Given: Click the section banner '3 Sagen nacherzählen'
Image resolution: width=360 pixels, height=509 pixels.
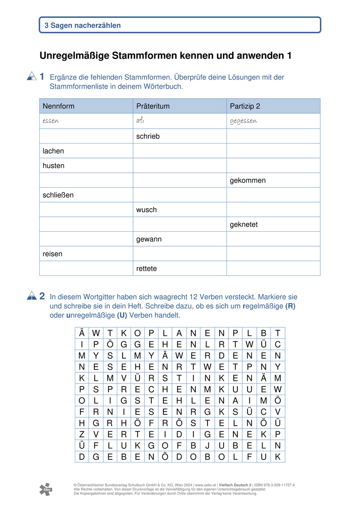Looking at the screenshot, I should click(x=83, y=25).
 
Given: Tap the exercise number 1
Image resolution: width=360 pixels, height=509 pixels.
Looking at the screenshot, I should click(x=42, y=76).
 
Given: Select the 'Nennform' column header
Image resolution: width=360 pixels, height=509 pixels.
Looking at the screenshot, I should click(x=59, y=106).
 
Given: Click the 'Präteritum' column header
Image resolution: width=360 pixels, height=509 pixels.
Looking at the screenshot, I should click(x=153, y=106).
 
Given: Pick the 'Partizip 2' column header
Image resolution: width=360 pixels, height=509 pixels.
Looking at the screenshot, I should click(x=245, y=106).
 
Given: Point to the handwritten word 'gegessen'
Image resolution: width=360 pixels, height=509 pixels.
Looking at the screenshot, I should click(x=244, y=121).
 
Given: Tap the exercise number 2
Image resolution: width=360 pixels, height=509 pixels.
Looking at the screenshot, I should click(x=42, y=296).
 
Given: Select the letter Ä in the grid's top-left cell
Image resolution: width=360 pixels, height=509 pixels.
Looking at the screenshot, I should click(x=82, y=334).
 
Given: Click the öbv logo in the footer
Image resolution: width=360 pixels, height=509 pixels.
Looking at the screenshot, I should click(x=46, y=489).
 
